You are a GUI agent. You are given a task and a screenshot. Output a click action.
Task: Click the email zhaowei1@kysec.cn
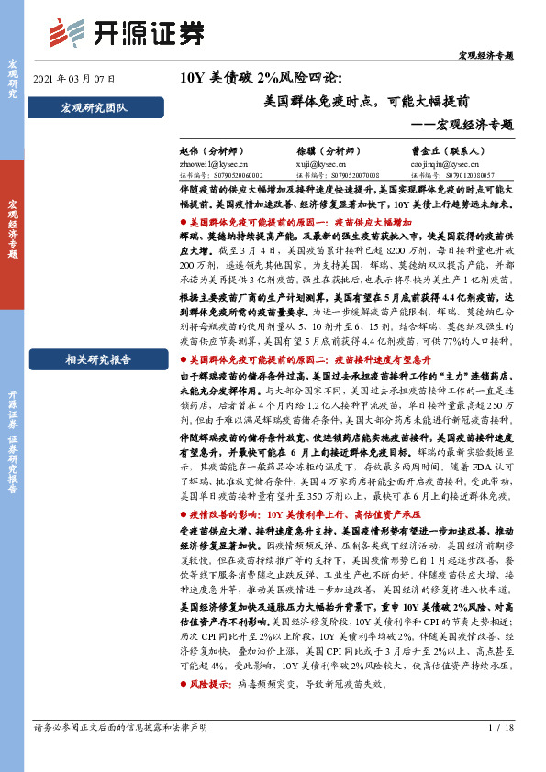click(208, 161)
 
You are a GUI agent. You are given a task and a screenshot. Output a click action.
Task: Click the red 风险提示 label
click(207, 684)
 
